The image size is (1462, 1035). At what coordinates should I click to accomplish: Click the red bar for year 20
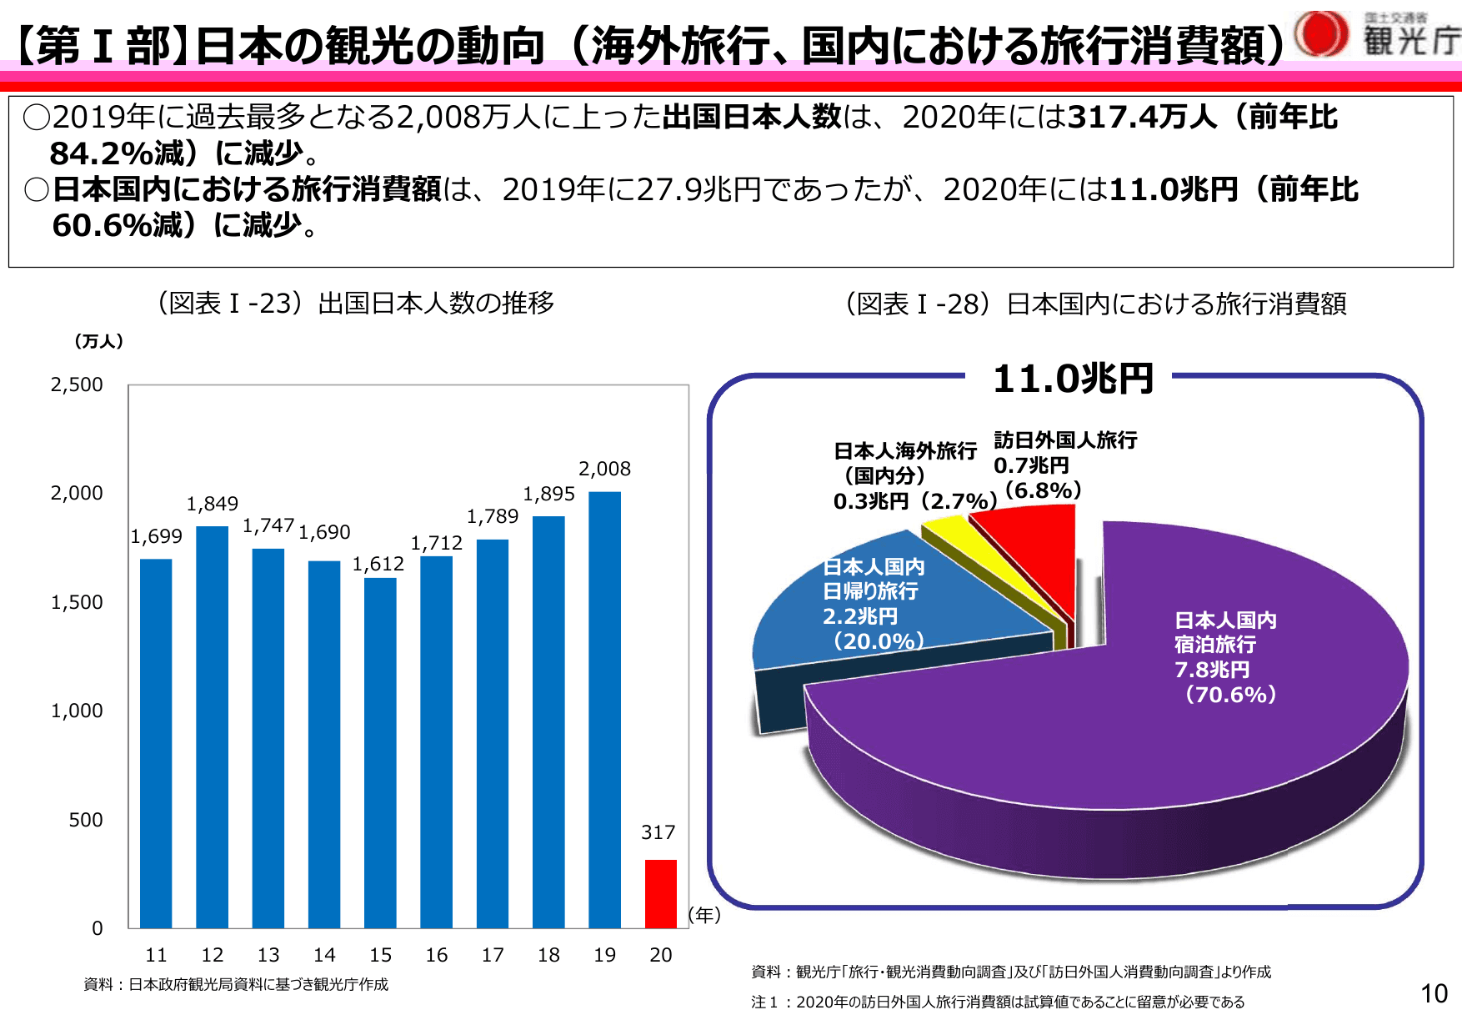tap(660, 893)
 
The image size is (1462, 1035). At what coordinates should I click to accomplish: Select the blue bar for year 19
tap(604, 709)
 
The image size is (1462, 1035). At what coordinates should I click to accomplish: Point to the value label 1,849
tap(212, 504)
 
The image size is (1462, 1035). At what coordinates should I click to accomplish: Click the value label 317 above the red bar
tap(658, 832)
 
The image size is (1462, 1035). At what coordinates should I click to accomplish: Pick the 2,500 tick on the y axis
tap(77, 384)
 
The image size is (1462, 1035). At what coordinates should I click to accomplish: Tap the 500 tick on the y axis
tap(85, 820)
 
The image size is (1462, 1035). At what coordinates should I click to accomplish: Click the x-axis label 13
tap(268, 955)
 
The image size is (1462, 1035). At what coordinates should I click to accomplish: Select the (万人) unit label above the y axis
tap(98, 341)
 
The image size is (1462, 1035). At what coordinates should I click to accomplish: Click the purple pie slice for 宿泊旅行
tap(1167, 734)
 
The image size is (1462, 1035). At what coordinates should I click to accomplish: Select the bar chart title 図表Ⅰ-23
tap(355, 303)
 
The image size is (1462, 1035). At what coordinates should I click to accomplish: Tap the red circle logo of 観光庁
tap(1321, 34)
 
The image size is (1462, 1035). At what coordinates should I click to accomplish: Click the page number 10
tap(1434, 993)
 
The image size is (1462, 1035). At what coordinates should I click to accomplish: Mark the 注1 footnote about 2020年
tap(997, 1002)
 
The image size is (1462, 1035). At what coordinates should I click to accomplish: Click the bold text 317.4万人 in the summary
tap(1142, 117)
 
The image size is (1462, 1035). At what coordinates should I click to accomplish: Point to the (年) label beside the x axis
tap(704, 915)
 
